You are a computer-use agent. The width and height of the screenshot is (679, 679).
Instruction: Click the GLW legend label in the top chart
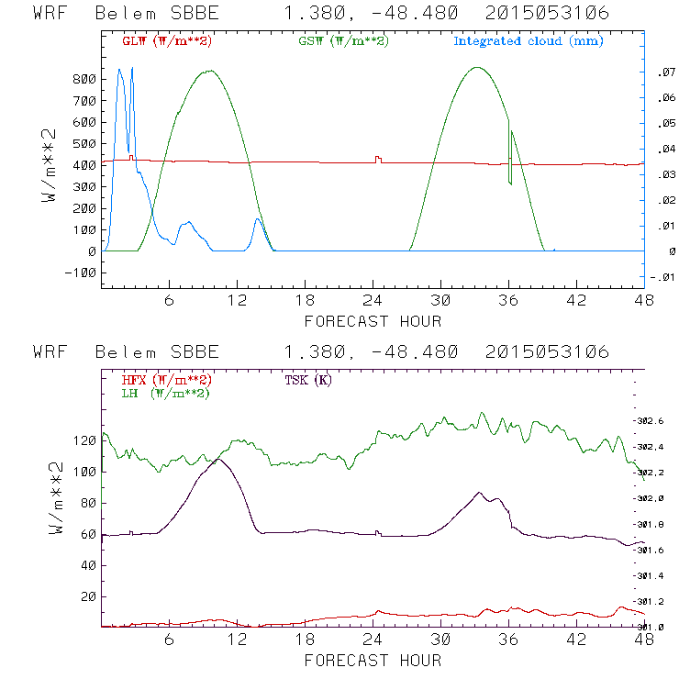[x=166, y=41]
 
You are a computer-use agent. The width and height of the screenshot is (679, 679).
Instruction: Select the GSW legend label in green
[x=343, y=41]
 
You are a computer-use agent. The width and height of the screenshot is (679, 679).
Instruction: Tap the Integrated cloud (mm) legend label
[x=529, y=41]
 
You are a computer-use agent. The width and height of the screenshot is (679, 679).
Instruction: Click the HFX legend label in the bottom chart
[x=166, y=380]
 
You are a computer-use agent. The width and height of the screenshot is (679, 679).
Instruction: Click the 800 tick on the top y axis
[x=84, y=79]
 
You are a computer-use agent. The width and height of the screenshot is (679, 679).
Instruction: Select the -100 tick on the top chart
[x=81, y=273]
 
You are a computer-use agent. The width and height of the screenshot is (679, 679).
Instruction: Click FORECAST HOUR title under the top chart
[x=372, y=321]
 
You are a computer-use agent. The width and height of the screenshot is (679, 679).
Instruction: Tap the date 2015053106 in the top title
[x=548, y=15]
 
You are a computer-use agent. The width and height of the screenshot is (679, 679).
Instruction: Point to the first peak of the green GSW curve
[x=210, y=71]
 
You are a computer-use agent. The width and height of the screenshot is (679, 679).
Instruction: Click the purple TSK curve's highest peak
[x=217, y=458]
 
